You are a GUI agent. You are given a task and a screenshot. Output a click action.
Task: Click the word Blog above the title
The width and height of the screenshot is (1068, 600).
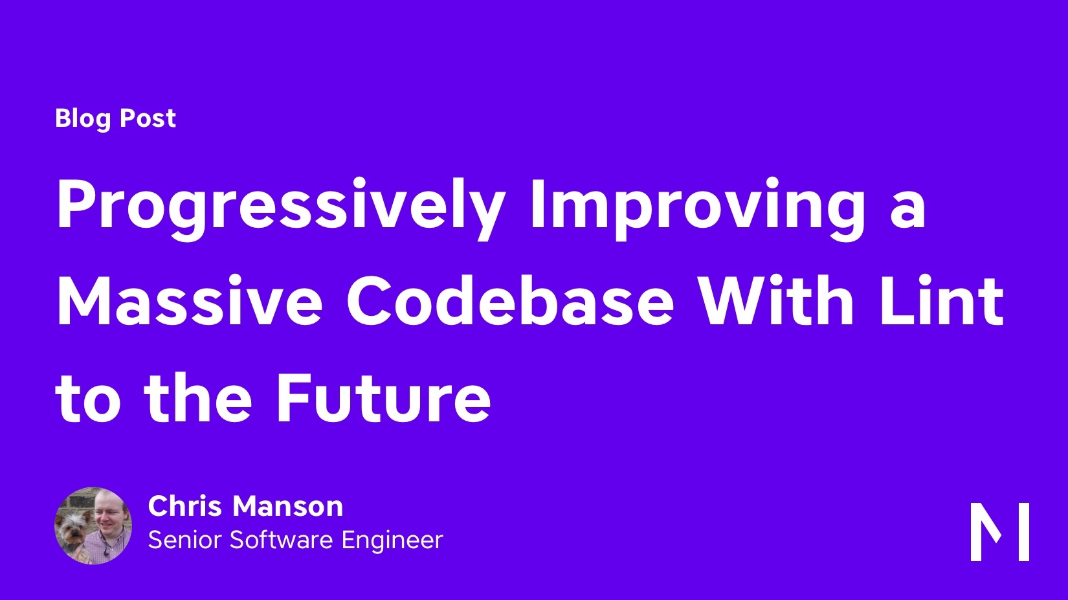[83, 118]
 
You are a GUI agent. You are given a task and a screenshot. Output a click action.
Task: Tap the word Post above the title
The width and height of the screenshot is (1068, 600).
[148, 118]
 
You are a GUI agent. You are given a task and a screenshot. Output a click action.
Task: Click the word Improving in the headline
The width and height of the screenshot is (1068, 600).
[696, 209]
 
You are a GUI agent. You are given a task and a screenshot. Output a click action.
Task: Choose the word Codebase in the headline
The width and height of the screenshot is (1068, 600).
[510, 301]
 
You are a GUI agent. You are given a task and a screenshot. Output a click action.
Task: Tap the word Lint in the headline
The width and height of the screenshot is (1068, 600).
[942, 301]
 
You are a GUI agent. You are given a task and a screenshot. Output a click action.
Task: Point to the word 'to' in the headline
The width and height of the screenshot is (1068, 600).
[88, 401]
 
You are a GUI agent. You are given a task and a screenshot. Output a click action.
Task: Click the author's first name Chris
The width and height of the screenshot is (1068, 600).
[184, 506]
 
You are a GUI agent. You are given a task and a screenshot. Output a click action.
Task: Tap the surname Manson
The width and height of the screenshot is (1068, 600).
[287, 506]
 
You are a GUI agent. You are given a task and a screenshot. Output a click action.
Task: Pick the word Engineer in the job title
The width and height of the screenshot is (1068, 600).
[392, 541]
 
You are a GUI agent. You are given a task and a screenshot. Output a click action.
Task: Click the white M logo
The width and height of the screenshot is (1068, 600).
[1000, 531]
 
